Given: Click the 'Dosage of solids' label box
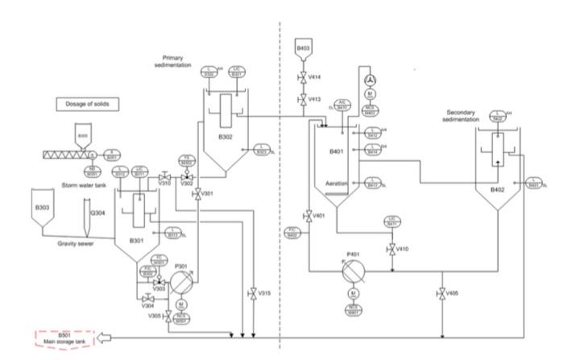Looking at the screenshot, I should (88, 104).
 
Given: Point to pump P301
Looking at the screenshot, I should (180, 282).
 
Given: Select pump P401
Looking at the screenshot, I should (351, 270).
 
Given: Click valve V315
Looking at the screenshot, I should (254, 293).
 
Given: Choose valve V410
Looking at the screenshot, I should (392, 248).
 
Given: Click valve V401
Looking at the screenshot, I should (308, 216).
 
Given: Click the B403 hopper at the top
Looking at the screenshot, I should (303, 50).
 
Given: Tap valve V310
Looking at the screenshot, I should (164, 176).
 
